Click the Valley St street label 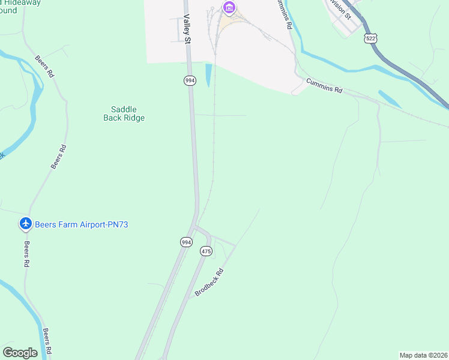click(x=187, y=29)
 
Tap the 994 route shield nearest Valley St click(x=190, y=80)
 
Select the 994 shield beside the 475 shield click(x=186, y=242)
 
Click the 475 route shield click(x=206, y=251)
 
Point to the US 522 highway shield click(x=370, y=38)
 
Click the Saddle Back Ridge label click(x=124, y=113)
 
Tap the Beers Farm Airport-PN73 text click(x=82, y=224)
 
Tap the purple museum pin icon click(x=229, y=7)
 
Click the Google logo click(x=20, y=353)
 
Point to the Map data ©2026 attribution click(x=423, y=355)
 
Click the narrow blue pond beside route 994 click(x=208, y=74)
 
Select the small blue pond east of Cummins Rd click(x=390, y=99)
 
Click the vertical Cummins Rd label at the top click(x=284, y=15)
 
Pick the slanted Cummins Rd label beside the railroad click(x=324, y=85)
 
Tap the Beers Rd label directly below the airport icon click(x=27, y=254)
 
